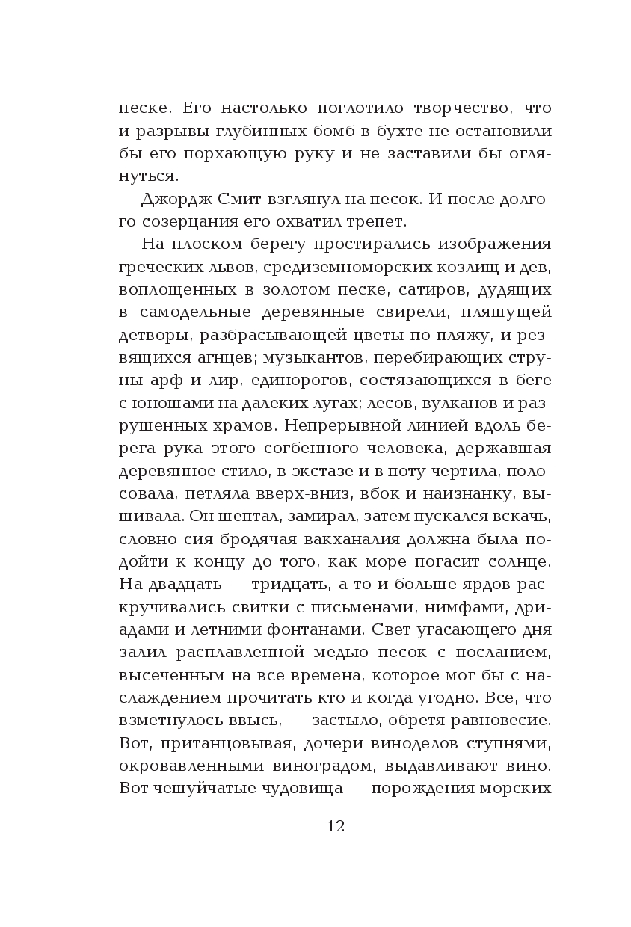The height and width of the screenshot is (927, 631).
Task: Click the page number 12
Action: click(336, 826)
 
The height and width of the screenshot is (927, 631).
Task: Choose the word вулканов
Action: click(449, 404)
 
